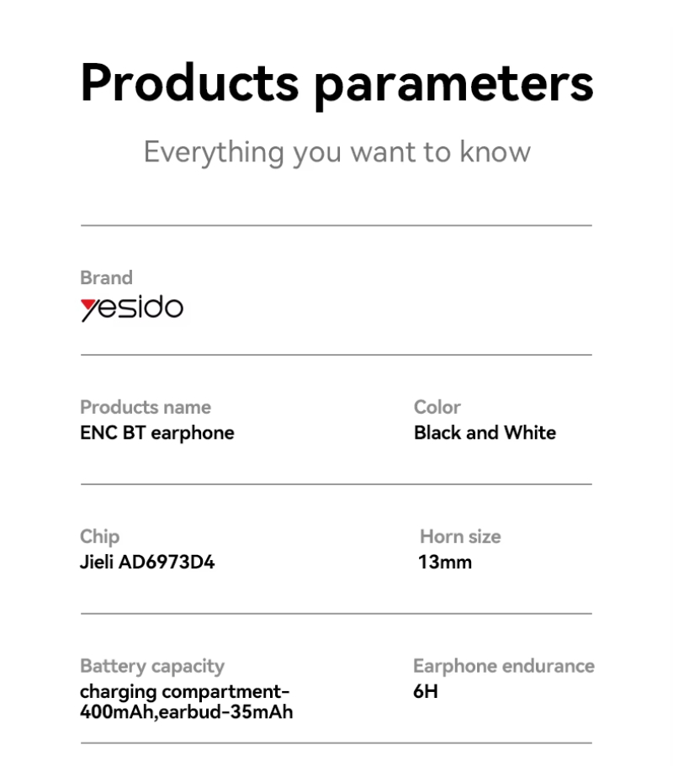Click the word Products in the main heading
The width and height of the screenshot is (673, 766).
coord(189,82)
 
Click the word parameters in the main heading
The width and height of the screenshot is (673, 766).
coord(454,87)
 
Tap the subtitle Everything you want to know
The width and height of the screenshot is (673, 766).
coord(336,153)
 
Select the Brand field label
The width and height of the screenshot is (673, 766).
coord(106,277)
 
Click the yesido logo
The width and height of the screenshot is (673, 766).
coord(132,309)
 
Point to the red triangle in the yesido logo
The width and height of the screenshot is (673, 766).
coord(88,305)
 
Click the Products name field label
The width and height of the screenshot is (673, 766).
coord(146,407)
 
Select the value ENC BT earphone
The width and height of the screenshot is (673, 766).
coord(156,433)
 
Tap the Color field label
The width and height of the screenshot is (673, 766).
coord(437,407)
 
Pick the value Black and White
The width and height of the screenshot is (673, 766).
coord(485,433)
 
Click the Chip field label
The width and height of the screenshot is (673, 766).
coord(100,537)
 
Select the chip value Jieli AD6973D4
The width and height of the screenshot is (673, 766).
coord(147,563)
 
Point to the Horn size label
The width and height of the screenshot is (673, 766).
coord(460,536)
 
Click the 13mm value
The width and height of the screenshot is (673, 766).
coord(445,563)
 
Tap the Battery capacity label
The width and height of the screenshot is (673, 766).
coord(152,666)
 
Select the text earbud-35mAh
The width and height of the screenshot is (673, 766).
coord(225,712)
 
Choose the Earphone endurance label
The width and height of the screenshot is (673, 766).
coord(504,666)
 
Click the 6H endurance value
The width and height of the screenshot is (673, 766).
coord(425,692)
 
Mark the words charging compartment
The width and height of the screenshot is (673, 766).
coord(182,693)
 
